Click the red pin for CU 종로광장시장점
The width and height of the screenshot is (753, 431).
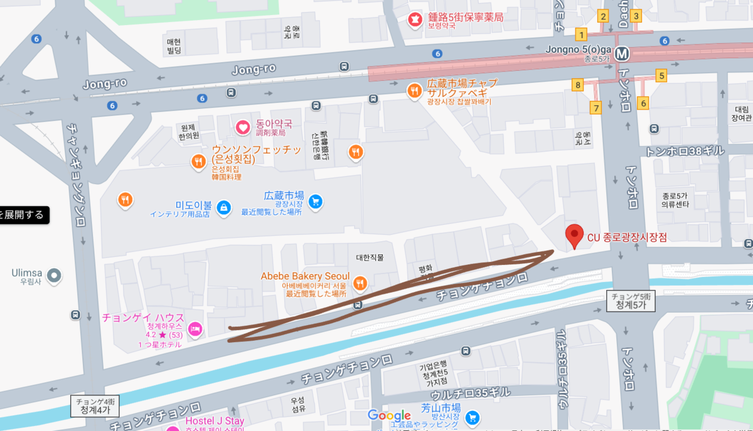point(574,236)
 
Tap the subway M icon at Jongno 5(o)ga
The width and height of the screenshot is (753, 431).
point(622,54)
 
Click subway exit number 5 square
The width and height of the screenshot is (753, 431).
point(661,76)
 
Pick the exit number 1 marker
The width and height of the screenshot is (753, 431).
point(582,34)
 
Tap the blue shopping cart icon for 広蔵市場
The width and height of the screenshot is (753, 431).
point(315,201)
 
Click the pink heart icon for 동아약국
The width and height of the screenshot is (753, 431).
point(243,128)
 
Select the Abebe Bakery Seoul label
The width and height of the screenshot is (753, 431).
point(305,276)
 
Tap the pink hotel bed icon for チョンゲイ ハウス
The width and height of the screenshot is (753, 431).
point(195,328)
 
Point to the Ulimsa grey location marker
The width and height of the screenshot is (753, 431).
point(55,274)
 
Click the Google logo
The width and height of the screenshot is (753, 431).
point(389,415)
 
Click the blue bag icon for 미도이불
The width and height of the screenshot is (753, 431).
point(223,207)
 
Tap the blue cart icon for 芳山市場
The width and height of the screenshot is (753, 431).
point(473,417)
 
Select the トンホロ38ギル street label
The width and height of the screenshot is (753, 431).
point(685,151)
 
